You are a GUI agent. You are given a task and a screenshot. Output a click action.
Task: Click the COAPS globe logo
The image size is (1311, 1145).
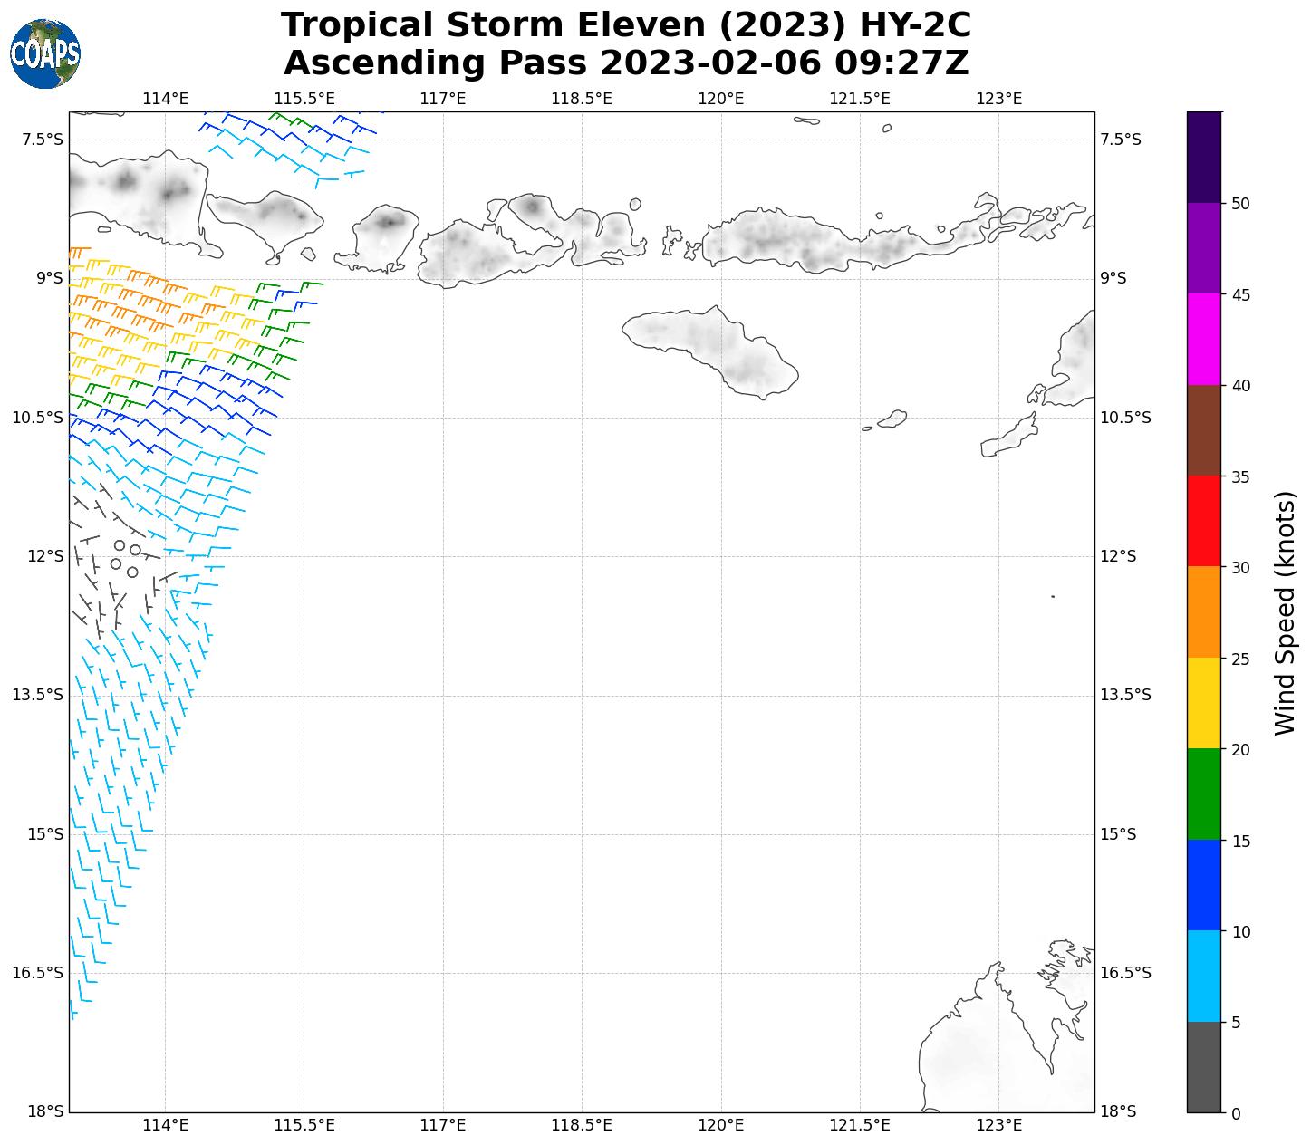click(45, 54)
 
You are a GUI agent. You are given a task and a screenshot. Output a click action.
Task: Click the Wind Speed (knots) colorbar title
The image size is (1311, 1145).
click(1285, 612)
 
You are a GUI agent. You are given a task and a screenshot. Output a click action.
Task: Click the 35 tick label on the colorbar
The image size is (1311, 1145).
click(1241, 477)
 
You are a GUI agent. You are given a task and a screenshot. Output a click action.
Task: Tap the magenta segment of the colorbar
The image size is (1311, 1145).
click(1204, 340)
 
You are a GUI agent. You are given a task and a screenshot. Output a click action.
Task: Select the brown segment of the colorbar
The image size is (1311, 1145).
click(1204, 431)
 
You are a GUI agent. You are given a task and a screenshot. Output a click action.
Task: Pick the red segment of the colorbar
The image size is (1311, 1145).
click(1204, 522)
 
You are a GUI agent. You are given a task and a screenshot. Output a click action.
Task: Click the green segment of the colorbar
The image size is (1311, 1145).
click(1204, 794)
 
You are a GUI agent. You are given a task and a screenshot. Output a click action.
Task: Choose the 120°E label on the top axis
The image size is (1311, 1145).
click(720, 99)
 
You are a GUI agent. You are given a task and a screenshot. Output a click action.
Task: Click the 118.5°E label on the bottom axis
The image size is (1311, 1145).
click(582, 1125)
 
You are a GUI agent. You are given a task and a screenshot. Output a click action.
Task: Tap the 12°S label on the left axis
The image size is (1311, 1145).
click(45, 556)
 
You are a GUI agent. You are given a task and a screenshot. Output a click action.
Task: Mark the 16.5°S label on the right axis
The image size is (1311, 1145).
click(1125, 973)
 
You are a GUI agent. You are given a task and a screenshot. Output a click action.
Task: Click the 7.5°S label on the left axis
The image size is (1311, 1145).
click(43, 140)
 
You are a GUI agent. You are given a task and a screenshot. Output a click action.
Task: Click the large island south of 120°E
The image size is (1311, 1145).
click(716, 349)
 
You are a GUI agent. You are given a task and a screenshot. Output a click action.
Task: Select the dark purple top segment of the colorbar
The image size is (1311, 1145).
click(1204, 157)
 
